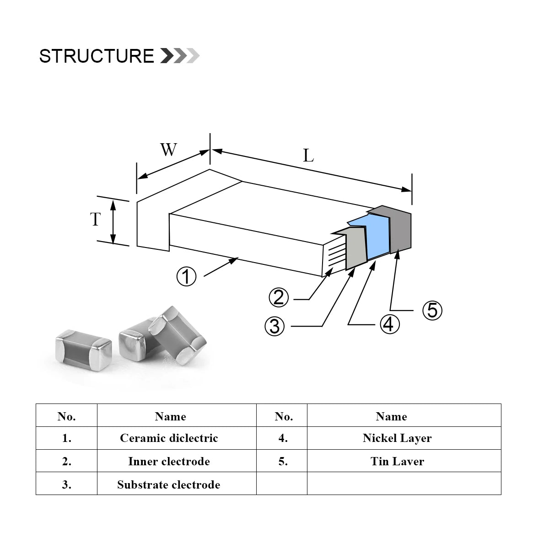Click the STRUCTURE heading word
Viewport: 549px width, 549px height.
point(97,56)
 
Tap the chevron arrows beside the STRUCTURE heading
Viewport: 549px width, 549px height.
point(180,56)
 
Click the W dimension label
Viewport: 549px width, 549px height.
point(168,150)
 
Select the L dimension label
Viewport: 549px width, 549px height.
point(308,156)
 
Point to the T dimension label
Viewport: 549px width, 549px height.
point(95,220)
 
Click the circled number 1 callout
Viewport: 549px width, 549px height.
point(187,276)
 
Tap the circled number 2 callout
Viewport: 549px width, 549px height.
point(279,298)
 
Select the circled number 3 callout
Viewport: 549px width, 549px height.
point(274,326)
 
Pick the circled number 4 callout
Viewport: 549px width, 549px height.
point(388,324)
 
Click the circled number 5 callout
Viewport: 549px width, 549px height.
point(432,311)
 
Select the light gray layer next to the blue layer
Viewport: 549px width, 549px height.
point(356,249)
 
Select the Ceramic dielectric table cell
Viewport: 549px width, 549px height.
point(169,438)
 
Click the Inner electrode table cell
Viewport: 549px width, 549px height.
point(169,461)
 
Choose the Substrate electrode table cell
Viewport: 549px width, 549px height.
point(169,484)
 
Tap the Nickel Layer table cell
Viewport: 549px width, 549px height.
point(397,438)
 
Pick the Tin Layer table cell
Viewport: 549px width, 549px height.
point(397,461)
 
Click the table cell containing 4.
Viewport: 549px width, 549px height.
point(283,438)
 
